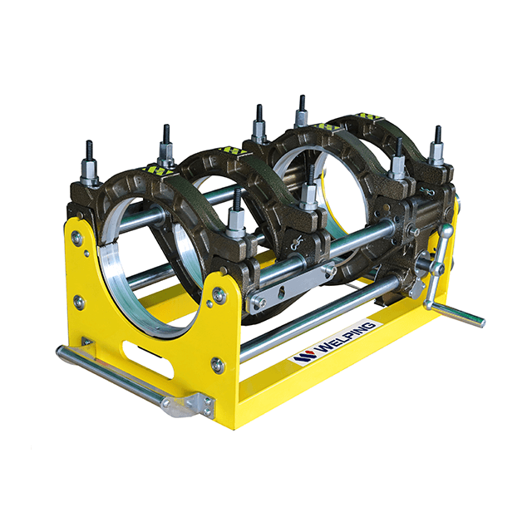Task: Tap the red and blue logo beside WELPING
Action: pyautogui.click(x=305, y=357)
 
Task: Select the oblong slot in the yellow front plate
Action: pyautogui.click(x=148, y=359)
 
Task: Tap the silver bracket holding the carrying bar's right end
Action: pyautogui.click(x=189, y=405)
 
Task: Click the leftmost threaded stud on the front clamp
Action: pyautogui.click(x=90, y=163)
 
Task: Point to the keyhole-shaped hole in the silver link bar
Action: pyautogui.click(x=282, y=292)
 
